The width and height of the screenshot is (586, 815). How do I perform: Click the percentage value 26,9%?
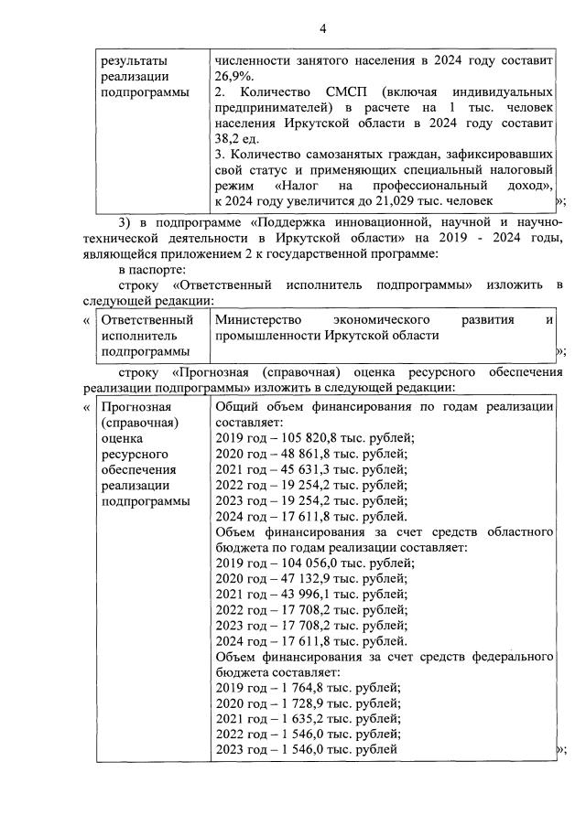click(x=234, y=77)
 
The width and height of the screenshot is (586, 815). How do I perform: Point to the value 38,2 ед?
click(x=237, y=139)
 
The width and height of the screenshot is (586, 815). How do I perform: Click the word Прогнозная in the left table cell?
click(x=139, y=407)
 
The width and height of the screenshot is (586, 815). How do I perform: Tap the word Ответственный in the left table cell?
click(x=146, y=320)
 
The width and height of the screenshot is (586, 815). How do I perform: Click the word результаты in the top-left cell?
click(x=134, y=61)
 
